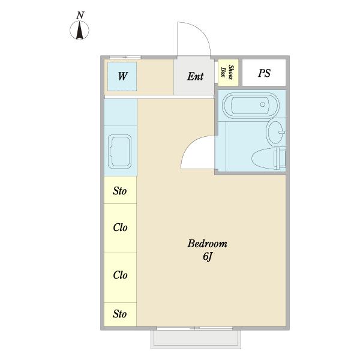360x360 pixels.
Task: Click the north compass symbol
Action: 79,30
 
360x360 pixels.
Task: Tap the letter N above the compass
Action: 80,16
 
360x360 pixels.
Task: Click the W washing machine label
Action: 122,76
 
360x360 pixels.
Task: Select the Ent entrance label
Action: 195,76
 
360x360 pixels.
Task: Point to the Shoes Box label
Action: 227,72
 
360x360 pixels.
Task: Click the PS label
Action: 264,73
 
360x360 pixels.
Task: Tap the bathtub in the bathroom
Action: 251,105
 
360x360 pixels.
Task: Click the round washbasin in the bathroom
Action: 275,131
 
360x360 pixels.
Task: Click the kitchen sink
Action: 120,152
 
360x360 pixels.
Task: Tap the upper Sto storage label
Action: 119,191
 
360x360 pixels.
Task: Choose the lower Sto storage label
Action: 119,314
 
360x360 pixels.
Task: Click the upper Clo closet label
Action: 120,227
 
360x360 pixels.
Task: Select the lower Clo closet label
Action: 120,275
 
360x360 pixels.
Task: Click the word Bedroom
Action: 208,244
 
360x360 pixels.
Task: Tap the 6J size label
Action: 208,256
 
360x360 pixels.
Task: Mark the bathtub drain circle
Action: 263,104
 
